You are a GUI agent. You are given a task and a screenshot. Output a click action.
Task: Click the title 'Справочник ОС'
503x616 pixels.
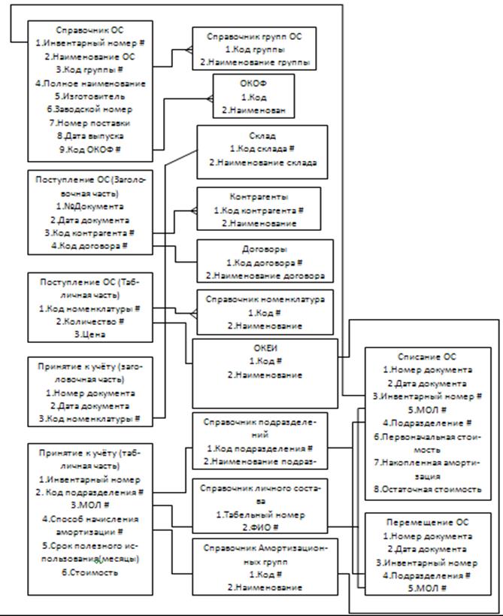tap(89, 31)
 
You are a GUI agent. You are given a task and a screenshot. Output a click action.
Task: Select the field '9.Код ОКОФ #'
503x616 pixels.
tap(89, 150)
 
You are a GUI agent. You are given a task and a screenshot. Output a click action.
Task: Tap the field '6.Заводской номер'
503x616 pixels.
tap(89, 110)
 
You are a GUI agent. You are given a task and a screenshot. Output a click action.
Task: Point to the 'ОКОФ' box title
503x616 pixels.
tap(252, 84)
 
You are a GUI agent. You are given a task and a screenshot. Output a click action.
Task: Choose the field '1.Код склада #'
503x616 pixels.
tap(262, 149)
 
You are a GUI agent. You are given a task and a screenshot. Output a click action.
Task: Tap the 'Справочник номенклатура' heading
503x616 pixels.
tap(265, 299)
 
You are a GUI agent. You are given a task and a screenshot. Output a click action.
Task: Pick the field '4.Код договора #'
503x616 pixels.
tap(89, 246)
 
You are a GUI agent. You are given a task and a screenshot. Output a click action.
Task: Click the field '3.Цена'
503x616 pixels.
tap(89, 335)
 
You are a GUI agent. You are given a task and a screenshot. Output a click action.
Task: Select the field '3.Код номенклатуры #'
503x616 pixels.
tap(89, 417)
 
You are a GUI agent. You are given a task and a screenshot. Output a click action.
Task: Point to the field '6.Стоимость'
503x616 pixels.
tap(89, 572)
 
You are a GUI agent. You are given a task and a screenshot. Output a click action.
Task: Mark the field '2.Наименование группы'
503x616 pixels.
tap(259, 63)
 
